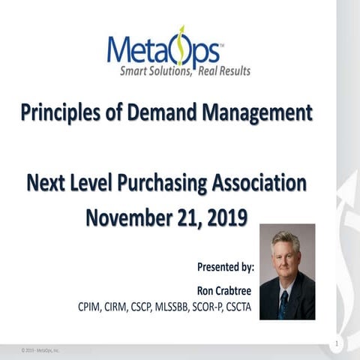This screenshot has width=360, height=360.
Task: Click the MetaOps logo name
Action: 163,50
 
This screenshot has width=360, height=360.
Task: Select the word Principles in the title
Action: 59,114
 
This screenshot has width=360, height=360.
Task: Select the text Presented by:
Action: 226,266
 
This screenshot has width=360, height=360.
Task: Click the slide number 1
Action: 338,343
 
